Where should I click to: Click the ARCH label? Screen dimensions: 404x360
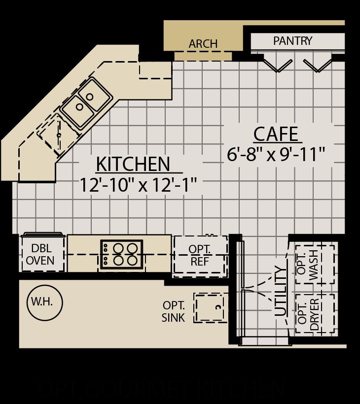click(x=203, y=44)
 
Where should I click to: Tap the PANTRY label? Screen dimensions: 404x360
click(x=292, y=41)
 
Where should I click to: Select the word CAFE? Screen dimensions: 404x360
click(x=276, y=134)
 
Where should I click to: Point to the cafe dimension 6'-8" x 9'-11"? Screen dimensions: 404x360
click(x=276, y=155)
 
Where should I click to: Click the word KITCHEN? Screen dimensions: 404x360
click(x=133, y=164)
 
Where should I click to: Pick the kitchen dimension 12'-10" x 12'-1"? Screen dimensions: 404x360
click(x=138, y=185)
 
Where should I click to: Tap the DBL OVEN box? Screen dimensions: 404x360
click(x=42, y=254)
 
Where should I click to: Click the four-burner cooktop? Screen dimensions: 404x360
click(x=121, y=254)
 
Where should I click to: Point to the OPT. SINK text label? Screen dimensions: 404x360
click(x=173, y=312)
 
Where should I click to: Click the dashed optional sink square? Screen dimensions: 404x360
click(x=211, y=308)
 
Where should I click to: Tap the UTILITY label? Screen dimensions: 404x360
click(x=280, y=291)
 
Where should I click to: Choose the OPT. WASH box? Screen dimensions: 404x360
click(x=315, y=264)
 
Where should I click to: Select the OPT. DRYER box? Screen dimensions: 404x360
click(x=315, y=314)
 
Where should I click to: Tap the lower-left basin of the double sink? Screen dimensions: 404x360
click(x=78, y=110)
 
